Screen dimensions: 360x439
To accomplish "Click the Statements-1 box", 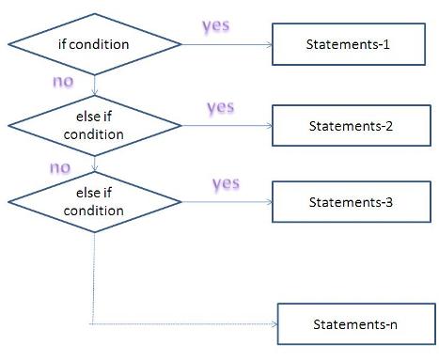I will pos(340,44).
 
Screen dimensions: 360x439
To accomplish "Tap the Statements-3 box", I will pos(340,201).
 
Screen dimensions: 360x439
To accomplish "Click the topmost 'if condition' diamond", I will pos(95,43).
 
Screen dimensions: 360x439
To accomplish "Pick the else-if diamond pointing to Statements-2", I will pos(95,126).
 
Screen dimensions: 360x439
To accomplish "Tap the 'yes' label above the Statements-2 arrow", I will pos(219,106).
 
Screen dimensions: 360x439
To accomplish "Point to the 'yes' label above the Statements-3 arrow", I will pos(227,182).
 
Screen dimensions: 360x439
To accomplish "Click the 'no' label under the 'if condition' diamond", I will pos(63,82).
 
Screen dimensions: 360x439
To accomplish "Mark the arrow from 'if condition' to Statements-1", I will pos(226,43).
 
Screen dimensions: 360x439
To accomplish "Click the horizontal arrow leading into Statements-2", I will pos(226,126).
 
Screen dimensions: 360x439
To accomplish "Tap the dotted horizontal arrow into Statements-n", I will pos(188,325).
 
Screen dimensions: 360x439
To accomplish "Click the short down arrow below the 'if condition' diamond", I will pos(95,85).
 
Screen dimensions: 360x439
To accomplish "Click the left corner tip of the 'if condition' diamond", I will pos(8,43).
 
